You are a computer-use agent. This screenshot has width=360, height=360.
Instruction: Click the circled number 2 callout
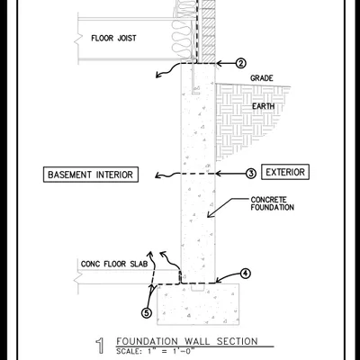240,63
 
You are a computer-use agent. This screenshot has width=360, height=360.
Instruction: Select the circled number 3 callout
251,173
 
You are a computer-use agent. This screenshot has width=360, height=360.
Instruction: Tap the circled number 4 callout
246,274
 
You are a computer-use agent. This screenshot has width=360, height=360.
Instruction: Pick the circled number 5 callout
147,313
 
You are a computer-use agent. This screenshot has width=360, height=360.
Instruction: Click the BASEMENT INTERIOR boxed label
91,175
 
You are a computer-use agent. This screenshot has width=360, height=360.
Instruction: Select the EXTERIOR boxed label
285,172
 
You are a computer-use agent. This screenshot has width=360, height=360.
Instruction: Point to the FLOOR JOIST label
113,39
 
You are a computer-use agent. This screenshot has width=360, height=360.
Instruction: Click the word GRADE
262,78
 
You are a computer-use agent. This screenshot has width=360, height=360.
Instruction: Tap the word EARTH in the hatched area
263,106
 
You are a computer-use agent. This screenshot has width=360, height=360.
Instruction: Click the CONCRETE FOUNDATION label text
272,203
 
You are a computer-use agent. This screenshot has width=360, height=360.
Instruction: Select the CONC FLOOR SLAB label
114,264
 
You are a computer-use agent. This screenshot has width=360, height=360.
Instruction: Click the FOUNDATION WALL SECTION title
187,341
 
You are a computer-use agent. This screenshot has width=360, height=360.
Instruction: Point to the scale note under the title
156,351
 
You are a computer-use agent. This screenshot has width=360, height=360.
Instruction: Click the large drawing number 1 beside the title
101,346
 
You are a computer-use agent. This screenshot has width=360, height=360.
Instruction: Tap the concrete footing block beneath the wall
198,304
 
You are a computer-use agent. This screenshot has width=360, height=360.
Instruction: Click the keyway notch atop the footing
198,287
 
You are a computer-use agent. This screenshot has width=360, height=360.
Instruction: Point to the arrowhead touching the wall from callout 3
219,174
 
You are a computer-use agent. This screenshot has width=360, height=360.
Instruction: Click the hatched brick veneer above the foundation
209,30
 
